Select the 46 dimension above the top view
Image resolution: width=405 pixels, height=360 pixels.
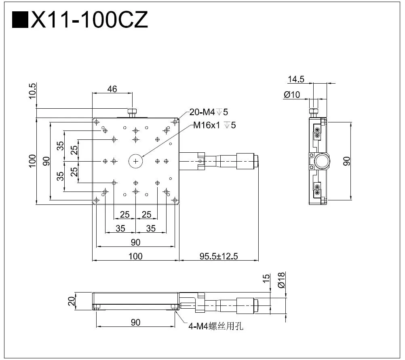click(x=112, y=89)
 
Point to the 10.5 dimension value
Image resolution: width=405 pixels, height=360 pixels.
click(x=33, y=91)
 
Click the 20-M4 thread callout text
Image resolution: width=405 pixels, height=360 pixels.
click(x=211, y=112)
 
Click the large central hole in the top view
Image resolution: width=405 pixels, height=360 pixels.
click(x=135, y=161)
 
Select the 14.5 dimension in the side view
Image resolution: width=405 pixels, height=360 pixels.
click(x=296, y=79)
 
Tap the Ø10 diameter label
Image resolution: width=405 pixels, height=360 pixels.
click(x=292, y=95)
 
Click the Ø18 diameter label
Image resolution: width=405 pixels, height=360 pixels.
click(x=282, y=280)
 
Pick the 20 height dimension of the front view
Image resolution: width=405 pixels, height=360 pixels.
click(x=72, y=301)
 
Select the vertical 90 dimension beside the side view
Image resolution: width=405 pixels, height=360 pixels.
click(x=346, y=161)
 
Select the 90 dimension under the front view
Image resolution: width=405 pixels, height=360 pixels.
click(x=135, y=322)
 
